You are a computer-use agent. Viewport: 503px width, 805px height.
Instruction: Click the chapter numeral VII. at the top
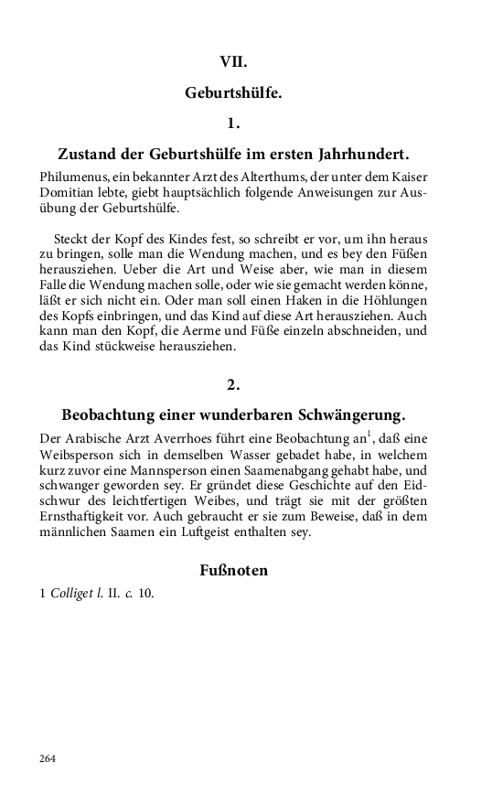234,61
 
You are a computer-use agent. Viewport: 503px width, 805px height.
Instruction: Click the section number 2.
234,384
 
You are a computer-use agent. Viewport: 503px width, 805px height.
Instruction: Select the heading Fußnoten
233,571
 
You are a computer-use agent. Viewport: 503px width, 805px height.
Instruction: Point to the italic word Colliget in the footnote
72,593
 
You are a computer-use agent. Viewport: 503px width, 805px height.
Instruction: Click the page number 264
48,758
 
